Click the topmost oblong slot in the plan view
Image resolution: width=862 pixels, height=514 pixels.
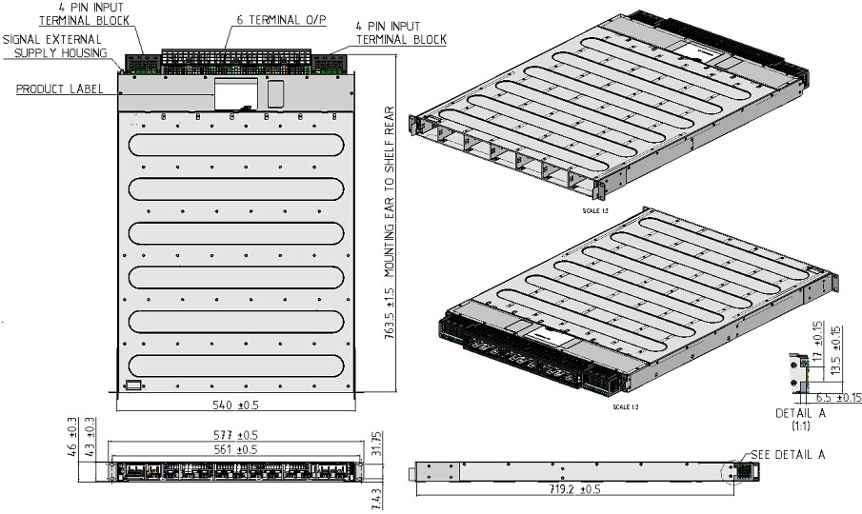pos(234,145)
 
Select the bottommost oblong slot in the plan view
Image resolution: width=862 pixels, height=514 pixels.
pos(234,366)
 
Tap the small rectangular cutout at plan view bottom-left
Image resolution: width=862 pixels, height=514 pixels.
pos(133,385)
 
